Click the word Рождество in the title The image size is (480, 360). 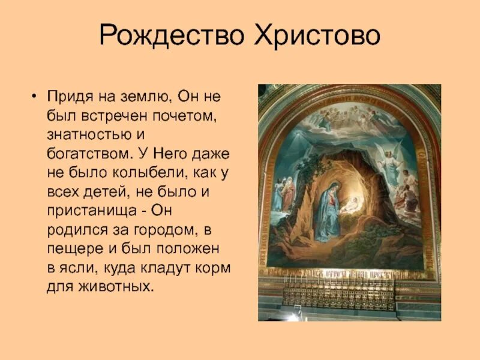172,35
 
